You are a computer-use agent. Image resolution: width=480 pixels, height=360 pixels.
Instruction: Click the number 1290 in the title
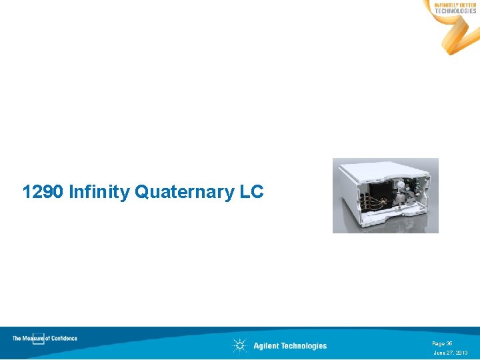point(43,193)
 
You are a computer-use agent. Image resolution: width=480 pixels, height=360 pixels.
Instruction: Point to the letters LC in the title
point(251,193)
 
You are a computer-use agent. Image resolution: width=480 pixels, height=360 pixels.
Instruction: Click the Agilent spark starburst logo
point(240,345)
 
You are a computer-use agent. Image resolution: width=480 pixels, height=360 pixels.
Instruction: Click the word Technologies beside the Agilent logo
point(304,345)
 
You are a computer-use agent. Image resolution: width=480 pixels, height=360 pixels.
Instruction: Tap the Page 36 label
point(442,343)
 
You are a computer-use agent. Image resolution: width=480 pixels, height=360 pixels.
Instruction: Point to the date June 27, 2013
point(451,352)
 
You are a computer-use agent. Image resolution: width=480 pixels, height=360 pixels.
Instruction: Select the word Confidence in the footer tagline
point(64,338)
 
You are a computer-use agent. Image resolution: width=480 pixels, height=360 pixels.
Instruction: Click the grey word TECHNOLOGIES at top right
point(455,11)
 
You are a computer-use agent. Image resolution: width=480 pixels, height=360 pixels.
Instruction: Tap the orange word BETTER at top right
point(467,5)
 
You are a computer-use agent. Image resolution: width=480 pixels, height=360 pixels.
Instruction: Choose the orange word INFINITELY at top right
point(446,5)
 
